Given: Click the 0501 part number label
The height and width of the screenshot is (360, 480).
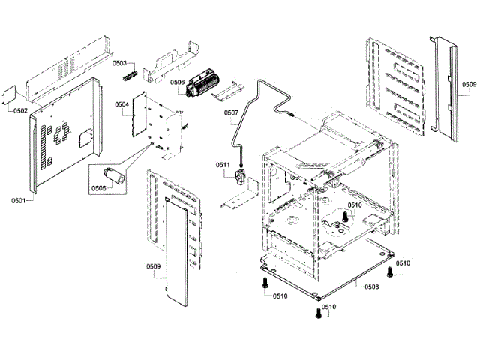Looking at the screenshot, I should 18,200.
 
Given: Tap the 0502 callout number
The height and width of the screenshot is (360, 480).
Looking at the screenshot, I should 20,110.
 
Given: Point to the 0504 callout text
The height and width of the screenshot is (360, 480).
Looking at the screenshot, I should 121,104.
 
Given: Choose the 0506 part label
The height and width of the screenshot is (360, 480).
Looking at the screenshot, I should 178,82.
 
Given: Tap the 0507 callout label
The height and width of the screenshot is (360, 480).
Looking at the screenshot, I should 231,113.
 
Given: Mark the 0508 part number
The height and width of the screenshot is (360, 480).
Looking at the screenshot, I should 371,286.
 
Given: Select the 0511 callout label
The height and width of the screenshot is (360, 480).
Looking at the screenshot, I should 223,165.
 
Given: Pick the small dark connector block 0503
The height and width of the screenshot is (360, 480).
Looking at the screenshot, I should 134,75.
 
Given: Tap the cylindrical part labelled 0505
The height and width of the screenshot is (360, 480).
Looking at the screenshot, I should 116,177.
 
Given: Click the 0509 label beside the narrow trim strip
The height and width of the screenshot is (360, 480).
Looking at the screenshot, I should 469,84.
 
